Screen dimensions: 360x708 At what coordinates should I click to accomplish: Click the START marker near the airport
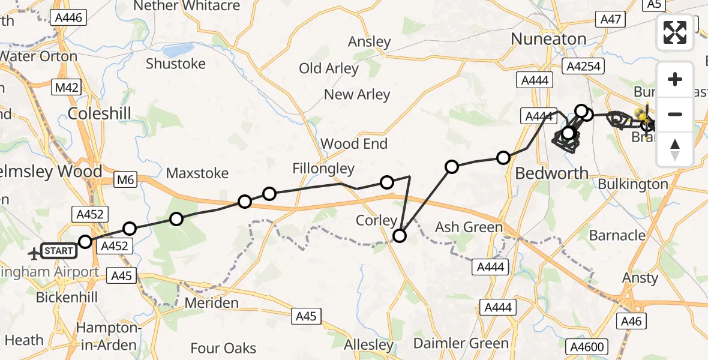(x=59, y=251)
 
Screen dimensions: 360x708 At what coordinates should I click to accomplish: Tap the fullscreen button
(x=675, y=32)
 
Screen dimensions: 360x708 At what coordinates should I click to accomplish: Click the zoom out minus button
(x=675, y=114)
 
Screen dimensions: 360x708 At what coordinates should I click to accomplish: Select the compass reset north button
(x=675, y=149)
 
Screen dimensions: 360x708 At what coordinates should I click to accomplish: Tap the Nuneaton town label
(x=548, y=40)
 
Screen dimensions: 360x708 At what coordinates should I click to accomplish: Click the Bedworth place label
(x=552, y=173)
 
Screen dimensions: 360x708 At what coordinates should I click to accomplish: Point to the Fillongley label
(x=324, y=169)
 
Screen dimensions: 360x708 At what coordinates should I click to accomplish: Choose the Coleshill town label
(x=99, y=114)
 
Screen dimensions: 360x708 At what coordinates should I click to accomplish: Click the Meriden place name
(x=211, y=303)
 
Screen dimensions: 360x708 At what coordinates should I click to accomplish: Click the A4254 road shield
(x=581, y=66)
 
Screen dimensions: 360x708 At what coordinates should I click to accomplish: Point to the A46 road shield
(x=632, y=322)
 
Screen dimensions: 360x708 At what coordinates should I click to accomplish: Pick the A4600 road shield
(x=587, y=346)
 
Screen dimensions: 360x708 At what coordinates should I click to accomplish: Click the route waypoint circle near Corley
(x=400, y=236)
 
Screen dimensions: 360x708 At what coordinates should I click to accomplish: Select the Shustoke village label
(x=176, y=64)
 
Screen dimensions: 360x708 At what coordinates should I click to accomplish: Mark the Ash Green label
(x=469, y=227)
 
